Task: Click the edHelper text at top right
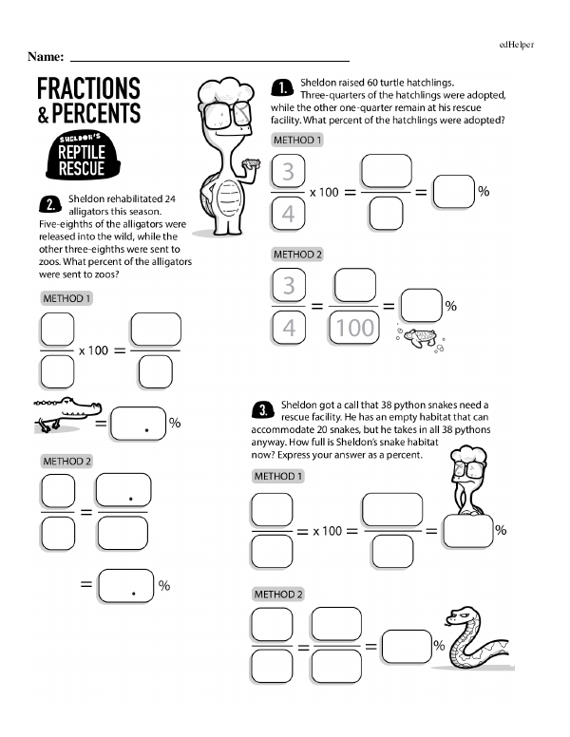click(517, 45)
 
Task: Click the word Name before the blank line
click(46, 57)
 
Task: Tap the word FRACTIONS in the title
click(88, 88)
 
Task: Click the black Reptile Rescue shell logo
click(83, 156)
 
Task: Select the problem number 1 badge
click(282, 88)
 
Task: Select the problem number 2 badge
click(49, 204)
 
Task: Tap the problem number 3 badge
click(263, 410)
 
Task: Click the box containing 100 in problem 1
click(353, 327)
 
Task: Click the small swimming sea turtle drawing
click(420, 338)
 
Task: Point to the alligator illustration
click(66, 414)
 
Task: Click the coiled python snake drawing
click(476, 638)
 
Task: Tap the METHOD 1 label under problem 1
click(297, 140)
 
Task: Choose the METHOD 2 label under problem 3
click(278, 595)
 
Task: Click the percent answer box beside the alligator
click(139, 424)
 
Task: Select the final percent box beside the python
click(407, 646)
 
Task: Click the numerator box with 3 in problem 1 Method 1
click(288, 171)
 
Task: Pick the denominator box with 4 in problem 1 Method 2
click(288, 327)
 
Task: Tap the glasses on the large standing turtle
click(227, 114)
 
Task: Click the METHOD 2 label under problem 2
click(66, 462)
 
